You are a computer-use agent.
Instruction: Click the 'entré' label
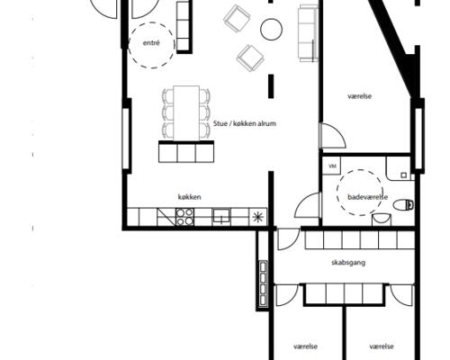(151, 43)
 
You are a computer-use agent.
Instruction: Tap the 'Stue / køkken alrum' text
(245, 123)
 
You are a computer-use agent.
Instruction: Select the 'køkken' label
(190, 197)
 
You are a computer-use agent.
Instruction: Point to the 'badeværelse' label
(367, 197)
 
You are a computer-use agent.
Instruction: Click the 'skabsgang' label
(348, 263)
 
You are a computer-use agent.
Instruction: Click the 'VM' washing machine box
(332, 166)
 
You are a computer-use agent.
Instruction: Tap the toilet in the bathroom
(404, 205)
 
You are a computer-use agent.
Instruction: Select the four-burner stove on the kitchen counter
(184, 217)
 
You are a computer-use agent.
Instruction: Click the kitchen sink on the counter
(221, 216)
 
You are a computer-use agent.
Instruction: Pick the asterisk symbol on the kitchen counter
(258, 217)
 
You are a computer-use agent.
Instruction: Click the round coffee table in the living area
(271, 29)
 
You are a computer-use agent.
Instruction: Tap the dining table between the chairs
(186, 113)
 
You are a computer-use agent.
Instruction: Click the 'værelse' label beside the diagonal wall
(360, 96)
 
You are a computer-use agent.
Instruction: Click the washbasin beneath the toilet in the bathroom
(382, 219)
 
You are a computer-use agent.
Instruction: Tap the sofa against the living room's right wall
(308, 33)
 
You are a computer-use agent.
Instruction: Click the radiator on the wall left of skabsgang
(263, 283)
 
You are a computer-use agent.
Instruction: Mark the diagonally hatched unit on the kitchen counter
(166, 217)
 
